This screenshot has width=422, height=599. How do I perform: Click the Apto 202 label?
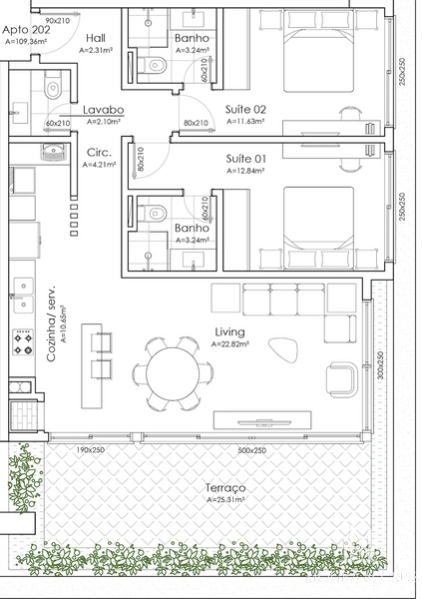tap(26, 31)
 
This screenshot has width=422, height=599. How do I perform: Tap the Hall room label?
tap(96, 36)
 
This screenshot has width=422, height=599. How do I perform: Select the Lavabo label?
tap(102, 110)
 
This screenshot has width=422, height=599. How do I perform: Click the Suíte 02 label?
tap(246, 109)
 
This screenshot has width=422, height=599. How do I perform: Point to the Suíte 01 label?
tap(246, 160)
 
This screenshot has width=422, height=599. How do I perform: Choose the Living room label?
tap(230, 332)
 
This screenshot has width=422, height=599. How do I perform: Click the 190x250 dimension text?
tap(91, 450)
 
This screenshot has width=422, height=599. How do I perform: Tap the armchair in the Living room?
tap(343, 378)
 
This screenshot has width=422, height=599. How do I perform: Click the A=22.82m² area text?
tap(230, 344)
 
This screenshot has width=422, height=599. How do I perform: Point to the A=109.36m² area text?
tap(27, 42)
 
